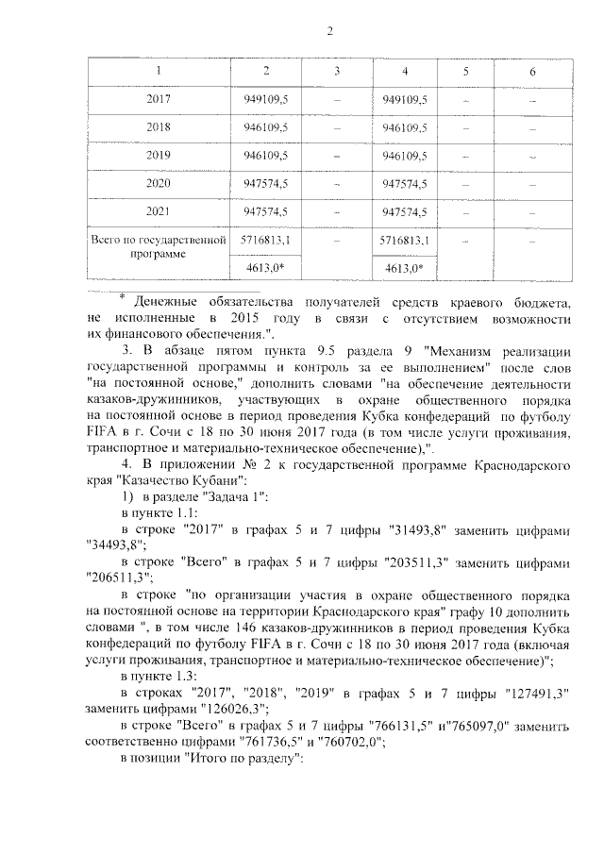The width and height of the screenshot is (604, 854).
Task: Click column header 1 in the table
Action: [159, 73]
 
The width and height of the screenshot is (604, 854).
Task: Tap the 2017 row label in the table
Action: [159, 99]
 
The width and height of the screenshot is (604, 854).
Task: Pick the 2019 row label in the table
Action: [159, 155]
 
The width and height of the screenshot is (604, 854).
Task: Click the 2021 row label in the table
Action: [159, 211]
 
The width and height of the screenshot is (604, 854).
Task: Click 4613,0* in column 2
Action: [267, 268]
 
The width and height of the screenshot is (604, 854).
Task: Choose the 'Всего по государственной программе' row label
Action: [159, 247]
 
